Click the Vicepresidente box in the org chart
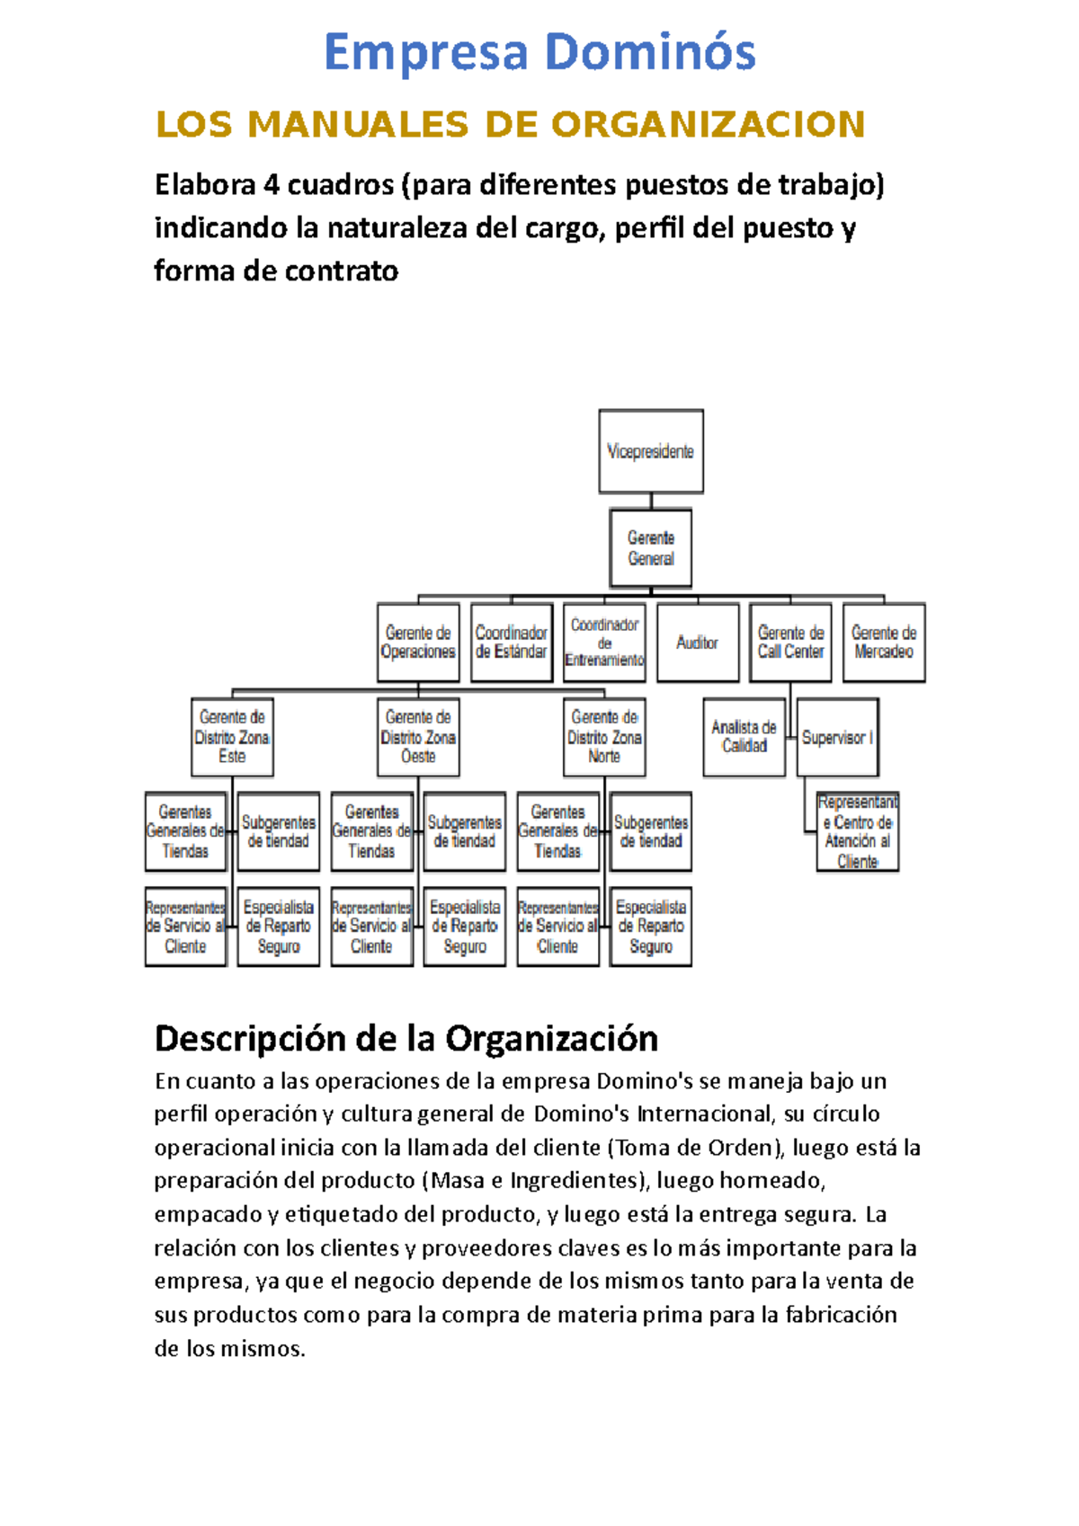[x=651, y=451]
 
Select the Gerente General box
[x=651, y=548]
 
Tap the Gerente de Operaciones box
[x=418, y=643]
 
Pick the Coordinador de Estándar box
[x=511, y=643]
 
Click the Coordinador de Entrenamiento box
[x=604, y=643]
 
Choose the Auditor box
[x=698, y=643]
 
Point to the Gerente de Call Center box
[x=790, y=643]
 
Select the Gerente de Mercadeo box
[x=884, y=643]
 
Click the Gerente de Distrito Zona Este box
[x=232, y=737]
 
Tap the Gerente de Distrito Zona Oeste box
[x=418, y=737]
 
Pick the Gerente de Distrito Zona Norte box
[x=604, y=737]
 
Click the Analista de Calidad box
[x=744, y=737]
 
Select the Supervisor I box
[x=837, y=737]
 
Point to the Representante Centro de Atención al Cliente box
[x=858, y=831]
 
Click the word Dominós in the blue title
[x=649, y=52]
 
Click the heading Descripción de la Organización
[x=406, y=1039]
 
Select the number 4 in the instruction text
[x=271, y=185]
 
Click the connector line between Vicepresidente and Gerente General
[x=651, y=501]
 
